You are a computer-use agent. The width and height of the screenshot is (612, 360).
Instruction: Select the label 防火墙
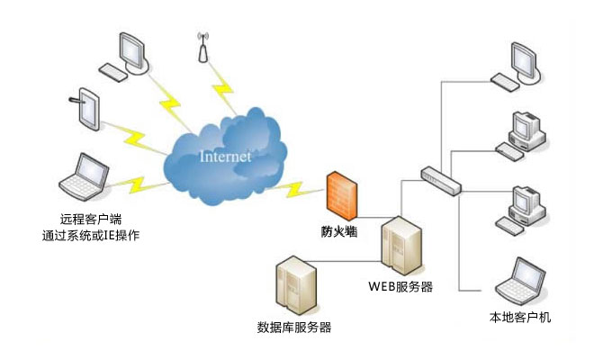tap(340, 230)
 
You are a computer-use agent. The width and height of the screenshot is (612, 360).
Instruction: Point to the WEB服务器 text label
tap(400, 287)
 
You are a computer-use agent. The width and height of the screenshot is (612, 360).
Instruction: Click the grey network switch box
tap(440, 181)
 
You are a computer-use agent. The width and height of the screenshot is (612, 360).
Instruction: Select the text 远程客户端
tap(90, 220)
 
